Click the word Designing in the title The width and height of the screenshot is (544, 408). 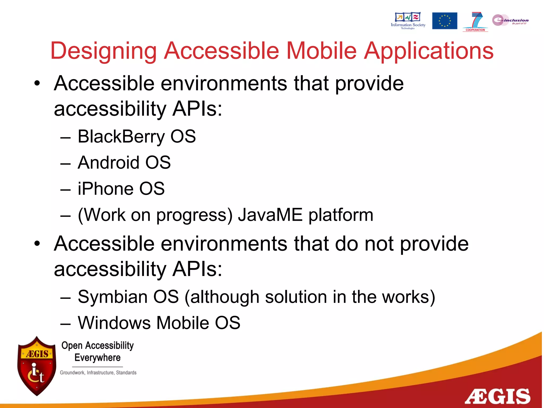point(104,51)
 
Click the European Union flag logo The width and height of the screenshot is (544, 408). point(444,21)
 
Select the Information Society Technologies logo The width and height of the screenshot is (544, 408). point(408,20)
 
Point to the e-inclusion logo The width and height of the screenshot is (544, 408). point(510,20)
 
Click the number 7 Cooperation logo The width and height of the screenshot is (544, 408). point(475,21)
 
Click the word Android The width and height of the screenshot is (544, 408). point(108,163)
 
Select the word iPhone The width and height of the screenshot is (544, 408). point(105,189)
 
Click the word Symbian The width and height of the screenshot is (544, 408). point(112,297)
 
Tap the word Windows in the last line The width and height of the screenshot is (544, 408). point(114,323)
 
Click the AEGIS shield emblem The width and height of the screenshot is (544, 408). point(37,366)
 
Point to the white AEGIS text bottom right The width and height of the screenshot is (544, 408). point(497,397)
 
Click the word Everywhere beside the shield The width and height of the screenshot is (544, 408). point(97,358)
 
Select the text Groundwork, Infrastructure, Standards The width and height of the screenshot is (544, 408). point(98,373)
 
